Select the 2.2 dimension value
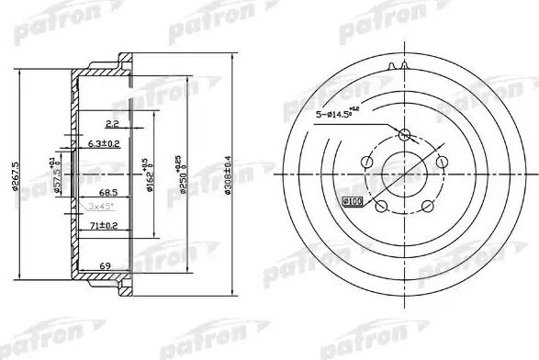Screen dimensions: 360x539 pyautogui.click(x=113, y=122)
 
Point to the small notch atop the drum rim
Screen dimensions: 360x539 pyautogui.click(x=400, y=65)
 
